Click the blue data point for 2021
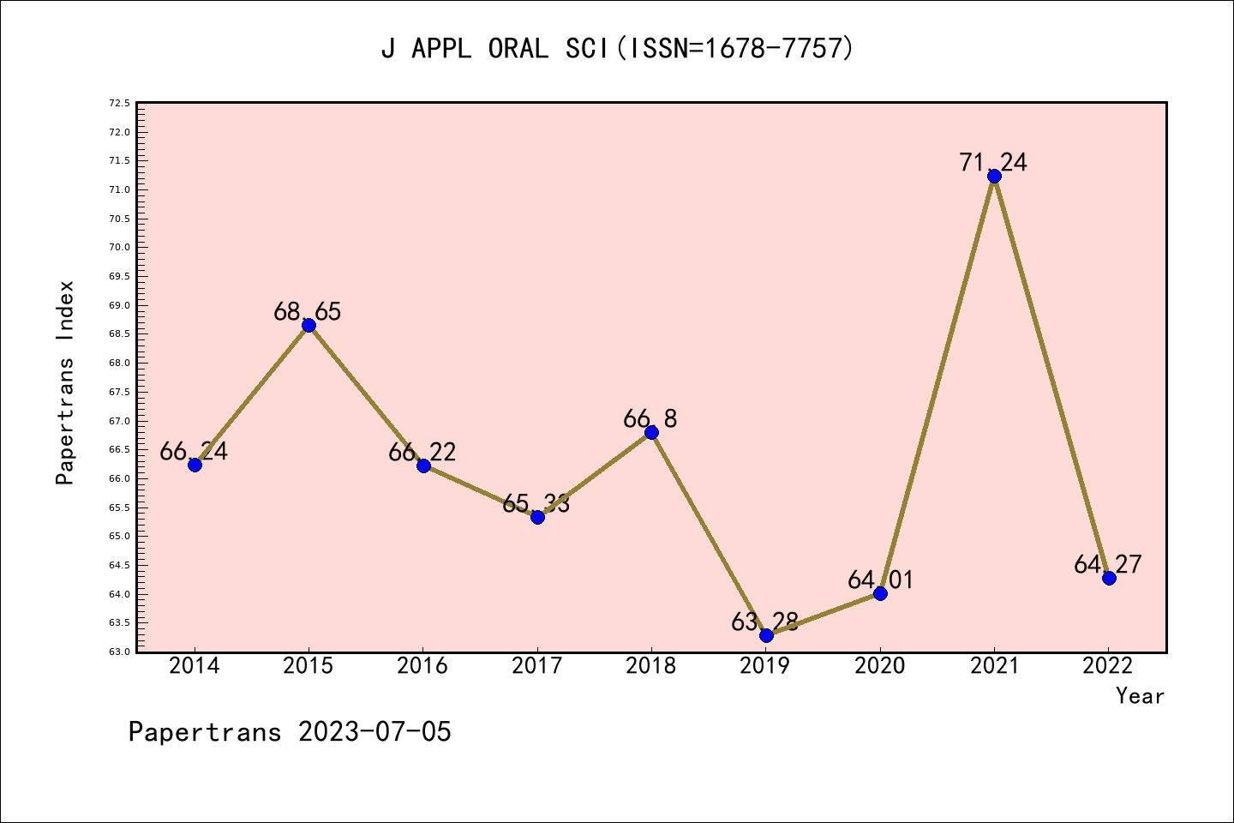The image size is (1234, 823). [x=994, y=177]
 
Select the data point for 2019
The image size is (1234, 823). [x=766, y=635]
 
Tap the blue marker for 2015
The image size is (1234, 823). [x=308, y=325]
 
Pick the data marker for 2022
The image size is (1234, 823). [x=1109, y=578]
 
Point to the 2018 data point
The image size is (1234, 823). [x=651, y=432]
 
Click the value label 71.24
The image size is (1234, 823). [x=993, y=162]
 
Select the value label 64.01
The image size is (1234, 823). [x=880, y=580]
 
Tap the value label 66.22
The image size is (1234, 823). [x=422, y=452]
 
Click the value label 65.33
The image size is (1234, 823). [x=536, y=503]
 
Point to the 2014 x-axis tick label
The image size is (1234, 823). [x=195, y=666]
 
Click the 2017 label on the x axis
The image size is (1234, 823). [x=537, y=666]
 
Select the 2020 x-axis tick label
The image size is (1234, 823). [x=880, y=666]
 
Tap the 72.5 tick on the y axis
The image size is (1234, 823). [x=119, y=104]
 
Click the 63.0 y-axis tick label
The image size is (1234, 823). [x=119, y=652]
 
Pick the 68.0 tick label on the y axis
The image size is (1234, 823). [x=119, y=363]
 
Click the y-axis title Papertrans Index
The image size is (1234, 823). [x=65, y=382]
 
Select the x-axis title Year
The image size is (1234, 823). [x=1140, y=696]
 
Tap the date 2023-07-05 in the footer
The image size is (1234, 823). [x=374, y=732]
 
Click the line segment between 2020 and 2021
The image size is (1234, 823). [x=937, y=385]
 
